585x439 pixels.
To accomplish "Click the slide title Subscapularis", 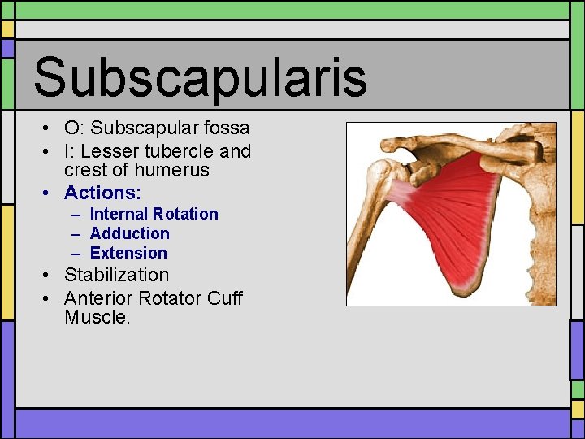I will click(200, 76).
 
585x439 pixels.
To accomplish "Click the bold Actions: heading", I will click(102, 193).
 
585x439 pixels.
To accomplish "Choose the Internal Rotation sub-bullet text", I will click(154, 214).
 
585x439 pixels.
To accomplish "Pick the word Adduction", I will click(129, 233).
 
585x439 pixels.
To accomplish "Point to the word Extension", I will click(128, 253).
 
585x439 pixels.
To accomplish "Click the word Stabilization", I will click(116, 276).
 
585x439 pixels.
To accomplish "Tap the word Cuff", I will click(223, 298).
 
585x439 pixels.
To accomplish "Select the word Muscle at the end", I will click(96, 318).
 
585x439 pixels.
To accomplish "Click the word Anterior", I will click(98, 298).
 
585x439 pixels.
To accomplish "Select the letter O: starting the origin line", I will click(74, 128).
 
